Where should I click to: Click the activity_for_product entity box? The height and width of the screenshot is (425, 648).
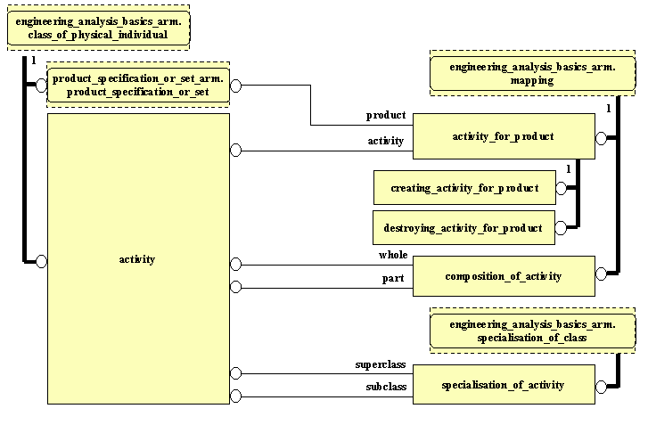(x=503, y=136)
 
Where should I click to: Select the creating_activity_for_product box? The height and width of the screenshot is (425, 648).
(x=463, y=188)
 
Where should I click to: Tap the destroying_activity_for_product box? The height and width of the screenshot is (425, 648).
(x=463, y=228)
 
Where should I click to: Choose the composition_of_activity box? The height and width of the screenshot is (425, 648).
(x=503, y=276)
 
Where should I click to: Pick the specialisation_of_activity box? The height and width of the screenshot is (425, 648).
(x=503, y=385)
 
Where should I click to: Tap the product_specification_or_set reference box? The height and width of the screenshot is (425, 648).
(x=137, y=86)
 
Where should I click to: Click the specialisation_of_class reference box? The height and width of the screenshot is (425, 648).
(x=532, y=331)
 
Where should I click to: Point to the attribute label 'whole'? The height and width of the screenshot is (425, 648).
(x=393, y=256)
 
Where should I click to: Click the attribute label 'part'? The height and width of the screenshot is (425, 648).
(x=394, y=278)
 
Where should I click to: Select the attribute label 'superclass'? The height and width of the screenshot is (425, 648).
(x=381, y=364)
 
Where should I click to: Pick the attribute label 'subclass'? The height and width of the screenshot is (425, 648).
(x=385, y=387)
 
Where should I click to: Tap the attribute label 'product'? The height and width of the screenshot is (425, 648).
(x=386, y=116)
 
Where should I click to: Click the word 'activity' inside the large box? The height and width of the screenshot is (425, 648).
(x=136, y=259)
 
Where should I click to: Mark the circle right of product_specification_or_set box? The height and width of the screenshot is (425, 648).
(x=236, y=86)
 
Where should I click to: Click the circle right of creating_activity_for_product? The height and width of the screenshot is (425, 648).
(x=561, y=188)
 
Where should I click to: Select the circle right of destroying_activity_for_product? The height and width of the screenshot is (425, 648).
(x=561, y=228)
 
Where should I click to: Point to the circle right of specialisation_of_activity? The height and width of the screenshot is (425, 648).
(x=601, y=385)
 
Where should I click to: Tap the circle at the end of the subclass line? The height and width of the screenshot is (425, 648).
(x=236, y=396)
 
